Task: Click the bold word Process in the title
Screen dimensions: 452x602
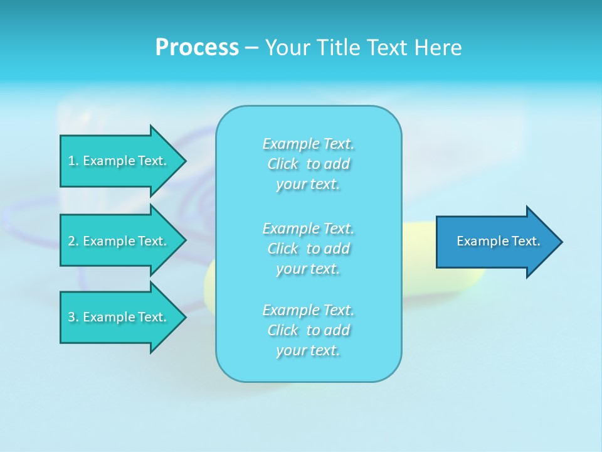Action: coord(197,48)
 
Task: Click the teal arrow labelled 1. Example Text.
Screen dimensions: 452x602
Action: coord(119,161)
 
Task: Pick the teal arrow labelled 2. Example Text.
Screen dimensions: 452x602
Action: coord(119,241)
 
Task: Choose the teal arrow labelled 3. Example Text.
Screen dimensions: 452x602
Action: coord(119,317)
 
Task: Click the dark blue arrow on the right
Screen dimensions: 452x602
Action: coord(495,242)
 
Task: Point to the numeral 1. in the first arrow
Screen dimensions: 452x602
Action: coord(73,161)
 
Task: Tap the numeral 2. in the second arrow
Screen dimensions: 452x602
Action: coord(73,241)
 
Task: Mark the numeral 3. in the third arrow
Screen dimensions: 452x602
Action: coord(73,317)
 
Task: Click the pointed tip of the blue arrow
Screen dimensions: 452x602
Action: coord(559,242)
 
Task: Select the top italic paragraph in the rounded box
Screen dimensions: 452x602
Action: coord(309,164)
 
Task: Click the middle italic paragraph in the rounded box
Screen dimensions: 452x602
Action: coord(309,249)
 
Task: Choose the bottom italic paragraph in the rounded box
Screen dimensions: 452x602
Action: coord(309,330)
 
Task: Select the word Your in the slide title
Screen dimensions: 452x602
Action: coord(285,48)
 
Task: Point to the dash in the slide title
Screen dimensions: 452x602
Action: coord(251,48)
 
